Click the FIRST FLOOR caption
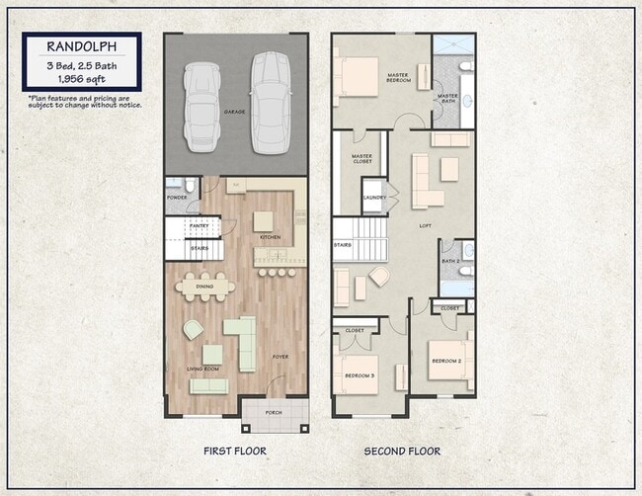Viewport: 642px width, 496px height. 235,451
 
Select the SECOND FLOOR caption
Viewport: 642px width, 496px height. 402,451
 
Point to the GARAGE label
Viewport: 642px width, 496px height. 234,113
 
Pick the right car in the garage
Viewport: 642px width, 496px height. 270,102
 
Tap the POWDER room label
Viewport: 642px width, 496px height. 176,197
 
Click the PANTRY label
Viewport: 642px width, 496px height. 198,226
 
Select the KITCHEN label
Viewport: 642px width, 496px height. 270,237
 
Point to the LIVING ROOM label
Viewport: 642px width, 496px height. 202,370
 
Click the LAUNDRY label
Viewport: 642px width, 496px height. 374,198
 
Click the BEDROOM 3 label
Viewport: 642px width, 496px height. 359,375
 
